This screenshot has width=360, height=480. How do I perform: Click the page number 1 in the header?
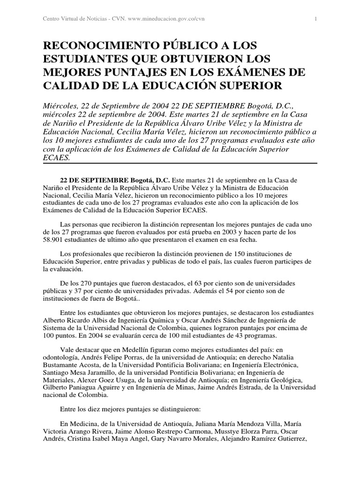[316, 19]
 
